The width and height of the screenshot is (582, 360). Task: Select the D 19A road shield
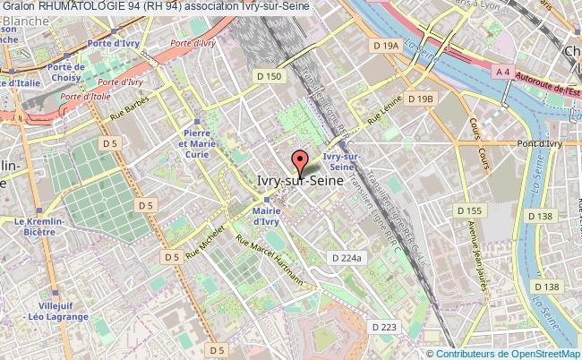[386, 45]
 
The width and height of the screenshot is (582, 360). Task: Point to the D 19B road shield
[419, 99]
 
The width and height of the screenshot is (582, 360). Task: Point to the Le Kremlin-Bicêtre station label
[32, 227]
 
